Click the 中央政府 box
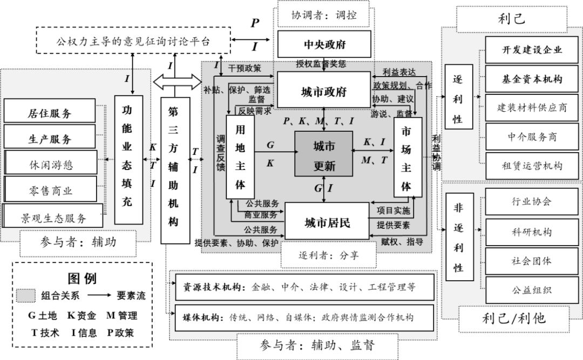(324, 44)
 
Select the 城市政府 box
(324, 92)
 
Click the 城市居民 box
(327, 221)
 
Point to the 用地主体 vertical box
(240, 157)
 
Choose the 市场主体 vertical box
(407, 157)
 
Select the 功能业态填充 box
(128, 160)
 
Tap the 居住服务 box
(50, 113)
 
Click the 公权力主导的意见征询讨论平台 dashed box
(133, 40)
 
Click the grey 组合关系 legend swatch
(26, 296)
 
